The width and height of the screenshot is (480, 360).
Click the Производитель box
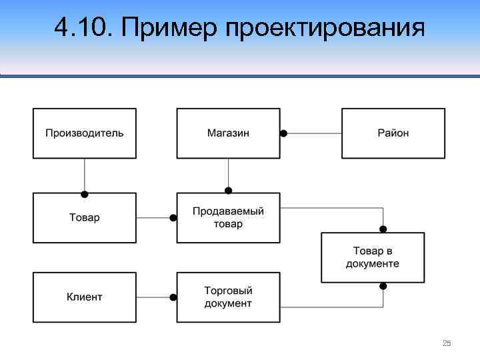pyautogui.click(x=85, y=133)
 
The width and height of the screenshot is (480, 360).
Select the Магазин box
pyautogui.click(x=228, y=133)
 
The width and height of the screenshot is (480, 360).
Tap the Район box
pyautogui.click(x=393, y=133)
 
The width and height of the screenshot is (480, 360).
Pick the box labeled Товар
pyautogui.click(x=85, y=217)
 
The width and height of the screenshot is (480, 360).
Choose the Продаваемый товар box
pyautogui.click(x=228, y=217)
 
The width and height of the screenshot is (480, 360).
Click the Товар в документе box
pyautogui.click(x=373, y=257)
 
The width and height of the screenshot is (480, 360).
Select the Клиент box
pyautogui.click(x=85, y=297)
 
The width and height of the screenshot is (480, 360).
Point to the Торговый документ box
pyautogui.click(x=228, y=297)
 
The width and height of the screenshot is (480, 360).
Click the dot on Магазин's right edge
pyautogui.click(x=283, y=133)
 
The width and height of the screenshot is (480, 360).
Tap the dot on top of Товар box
pyautogui.click(x=85, y=194)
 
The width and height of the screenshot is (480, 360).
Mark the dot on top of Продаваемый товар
pyautogui.click(x=228, y=189)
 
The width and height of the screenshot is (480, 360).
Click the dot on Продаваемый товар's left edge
pyautogui.click(x=173, y=217)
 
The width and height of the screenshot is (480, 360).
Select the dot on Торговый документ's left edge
pyautogui.click(x=173, y=297)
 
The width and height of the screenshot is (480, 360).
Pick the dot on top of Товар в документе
pyautogui.click(x=383, y=229)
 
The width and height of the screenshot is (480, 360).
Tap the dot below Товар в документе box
pyautogui.click(x=383, y=286)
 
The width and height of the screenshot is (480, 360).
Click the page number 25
pyautogui.click(x=447, y=343)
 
